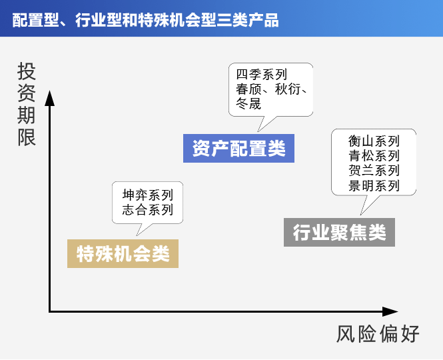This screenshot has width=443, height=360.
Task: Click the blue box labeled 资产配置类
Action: [238, 148]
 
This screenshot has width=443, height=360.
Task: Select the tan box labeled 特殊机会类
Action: [123, 254]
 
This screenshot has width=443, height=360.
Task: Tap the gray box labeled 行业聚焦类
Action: [339, 233]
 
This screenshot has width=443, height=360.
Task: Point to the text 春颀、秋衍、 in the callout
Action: [270, 89]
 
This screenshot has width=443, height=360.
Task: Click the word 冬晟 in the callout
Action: [248, 103]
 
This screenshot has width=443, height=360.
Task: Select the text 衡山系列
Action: [374, 141]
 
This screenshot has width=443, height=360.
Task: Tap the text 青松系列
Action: [374, 156]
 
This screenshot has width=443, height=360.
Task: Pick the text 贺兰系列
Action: [374, 171]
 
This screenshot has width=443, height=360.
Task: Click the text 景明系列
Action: [374, 185]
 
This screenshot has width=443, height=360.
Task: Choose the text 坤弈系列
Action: [148, 195]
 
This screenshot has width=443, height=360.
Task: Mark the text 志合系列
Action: [148, 210]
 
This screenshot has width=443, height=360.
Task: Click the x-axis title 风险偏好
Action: [378, 334]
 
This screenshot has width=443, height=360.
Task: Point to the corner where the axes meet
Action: [50, 311]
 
